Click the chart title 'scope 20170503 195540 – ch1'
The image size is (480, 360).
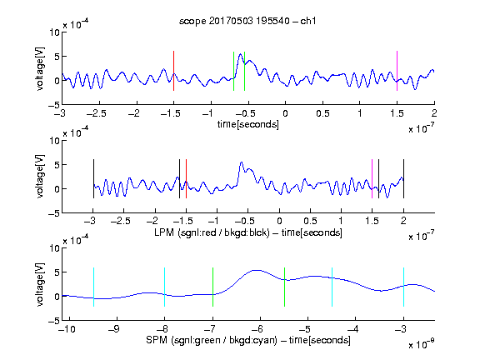click(x=247, y=21)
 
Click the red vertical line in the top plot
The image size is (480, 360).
click(x=173, y=71)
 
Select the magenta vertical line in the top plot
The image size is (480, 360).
click(x=397, y=71)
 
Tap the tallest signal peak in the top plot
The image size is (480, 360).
click(x=241, y=54)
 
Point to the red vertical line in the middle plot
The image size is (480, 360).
click(x=186, y=179)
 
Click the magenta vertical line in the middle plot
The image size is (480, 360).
click(x=372, y=179)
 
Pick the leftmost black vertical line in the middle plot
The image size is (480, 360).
click(x=93, y=179)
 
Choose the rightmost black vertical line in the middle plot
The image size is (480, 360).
click(x=403, y=179)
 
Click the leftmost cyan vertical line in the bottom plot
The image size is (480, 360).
click(x=93, y=287)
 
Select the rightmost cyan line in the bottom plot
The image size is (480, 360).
click(x=403, y=287)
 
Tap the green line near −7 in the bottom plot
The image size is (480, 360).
click(x=212, y=287)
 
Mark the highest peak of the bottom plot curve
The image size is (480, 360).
click(x=257, y=270)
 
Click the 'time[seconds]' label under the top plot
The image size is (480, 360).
click(x=248, y=124)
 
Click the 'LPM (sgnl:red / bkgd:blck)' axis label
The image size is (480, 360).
click(x=212, y=232)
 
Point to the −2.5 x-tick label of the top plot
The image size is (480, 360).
click(x=97, y=113)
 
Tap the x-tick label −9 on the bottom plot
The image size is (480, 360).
click(x=114, y=329)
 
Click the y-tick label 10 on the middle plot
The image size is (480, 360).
click(x=54, y=141)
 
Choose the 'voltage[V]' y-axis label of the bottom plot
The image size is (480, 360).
click(x=40, y=285)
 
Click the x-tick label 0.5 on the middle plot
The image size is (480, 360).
click(x=310, y=222)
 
